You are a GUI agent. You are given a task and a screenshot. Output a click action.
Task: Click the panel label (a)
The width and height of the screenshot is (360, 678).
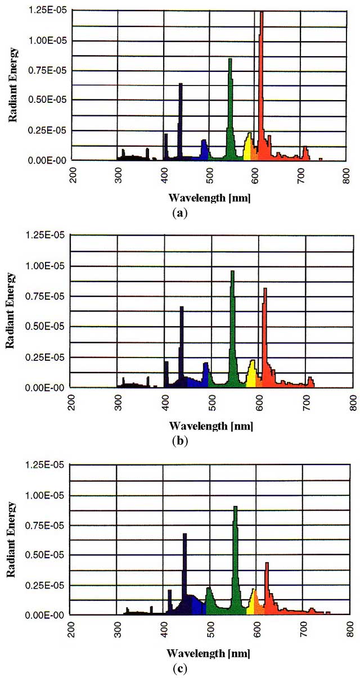pyautogui.click(x=179, y=213)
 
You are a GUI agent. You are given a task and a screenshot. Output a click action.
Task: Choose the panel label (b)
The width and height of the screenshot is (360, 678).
pyautogui.click(x=179, y=440)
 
